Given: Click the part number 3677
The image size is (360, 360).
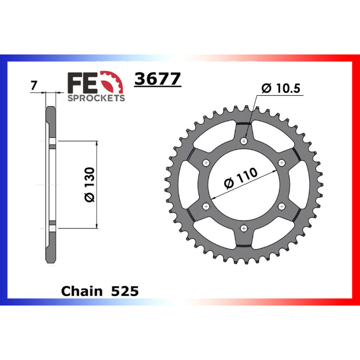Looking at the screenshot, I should click(x=157, y=79).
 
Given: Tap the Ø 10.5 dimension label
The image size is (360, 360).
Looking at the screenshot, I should click(x=282, y=89).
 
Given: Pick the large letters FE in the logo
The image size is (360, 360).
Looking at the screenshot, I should click(x=82, y=82).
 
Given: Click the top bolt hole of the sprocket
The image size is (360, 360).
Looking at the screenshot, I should click(x=244, y=141).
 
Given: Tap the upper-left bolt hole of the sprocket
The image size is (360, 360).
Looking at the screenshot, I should click(x=207, y=162).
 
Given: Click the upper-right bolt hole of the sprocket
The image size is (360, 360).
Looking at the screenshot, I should click(x=282, y=162).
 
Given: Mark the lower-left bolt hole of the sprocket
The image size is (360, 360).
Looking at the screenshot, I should click(x=207, y=206).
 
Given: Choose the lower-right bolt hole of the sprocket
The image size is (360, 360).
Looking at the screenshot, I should click(x=282, y=206).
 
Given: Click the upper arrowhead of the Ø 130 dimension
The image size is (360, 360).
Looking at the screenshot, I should click(x=97, y=144).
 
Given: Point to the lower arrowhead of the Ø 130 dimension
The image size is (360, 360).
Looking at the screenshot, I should click(x=97, y=225).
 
